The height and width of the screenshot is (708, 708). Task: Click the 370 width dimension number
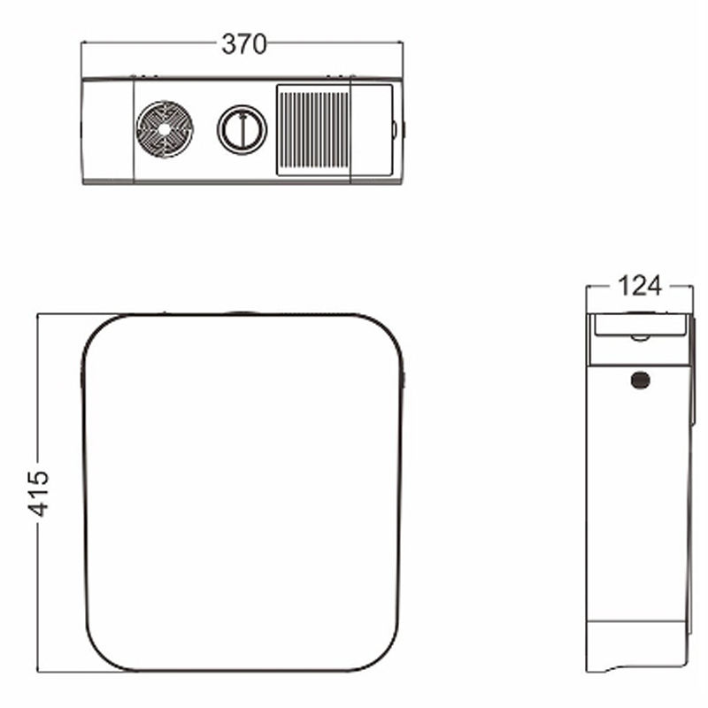244,44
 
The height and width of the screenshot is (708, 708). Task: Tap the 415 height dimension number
38,494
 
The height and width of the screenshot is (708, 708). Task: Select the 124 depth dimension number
639,286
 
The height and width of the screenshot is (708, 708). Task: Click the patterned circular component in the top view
165,129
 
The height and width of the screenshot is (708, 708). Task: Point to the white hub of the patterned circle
165,129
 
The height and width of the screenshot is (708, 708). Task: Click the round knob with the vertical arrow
242,129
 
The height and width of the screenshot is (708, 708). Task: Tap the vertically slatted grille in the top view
313,129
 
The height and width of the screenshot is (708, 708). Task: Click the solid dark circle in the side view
640,380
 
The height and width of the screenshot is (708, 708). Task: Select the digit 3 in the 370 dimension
228,44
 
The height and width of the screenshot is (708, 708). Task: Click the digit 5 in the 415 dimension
38,478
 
